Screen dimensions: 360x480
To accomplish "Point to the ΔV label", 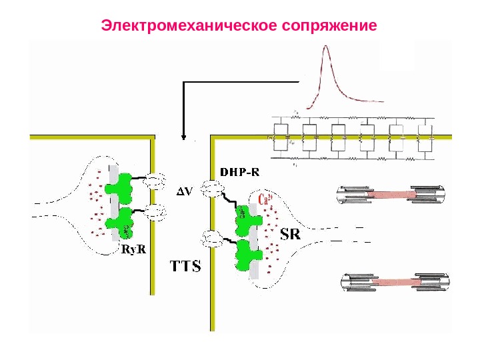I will pos(184,191).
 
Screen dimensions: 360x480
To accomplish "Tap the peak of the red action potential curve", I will pos(326,47).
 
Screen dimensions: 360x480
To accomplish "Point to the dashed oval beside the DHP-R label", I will pos(212,189).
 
